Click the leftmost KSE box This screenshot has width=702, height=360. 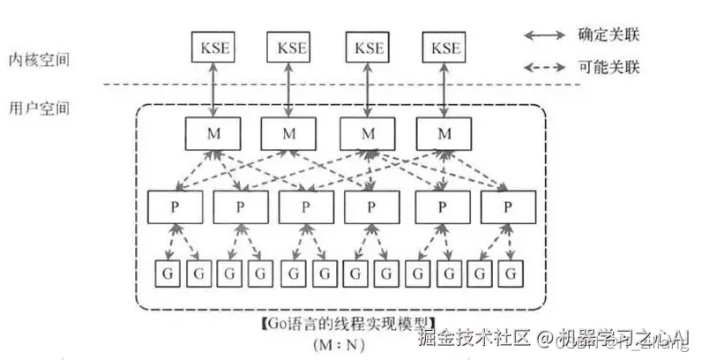212,46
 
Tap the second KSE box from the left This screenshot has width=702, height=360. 288,46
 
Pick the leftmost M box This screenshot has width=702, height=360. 212,133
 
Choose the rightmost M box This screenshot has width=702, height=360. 444,133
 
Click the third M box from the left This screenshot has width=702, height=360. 366,133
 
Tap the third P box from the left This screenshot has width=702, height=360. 305,207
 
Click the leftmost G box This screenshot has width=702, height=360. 167,274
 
